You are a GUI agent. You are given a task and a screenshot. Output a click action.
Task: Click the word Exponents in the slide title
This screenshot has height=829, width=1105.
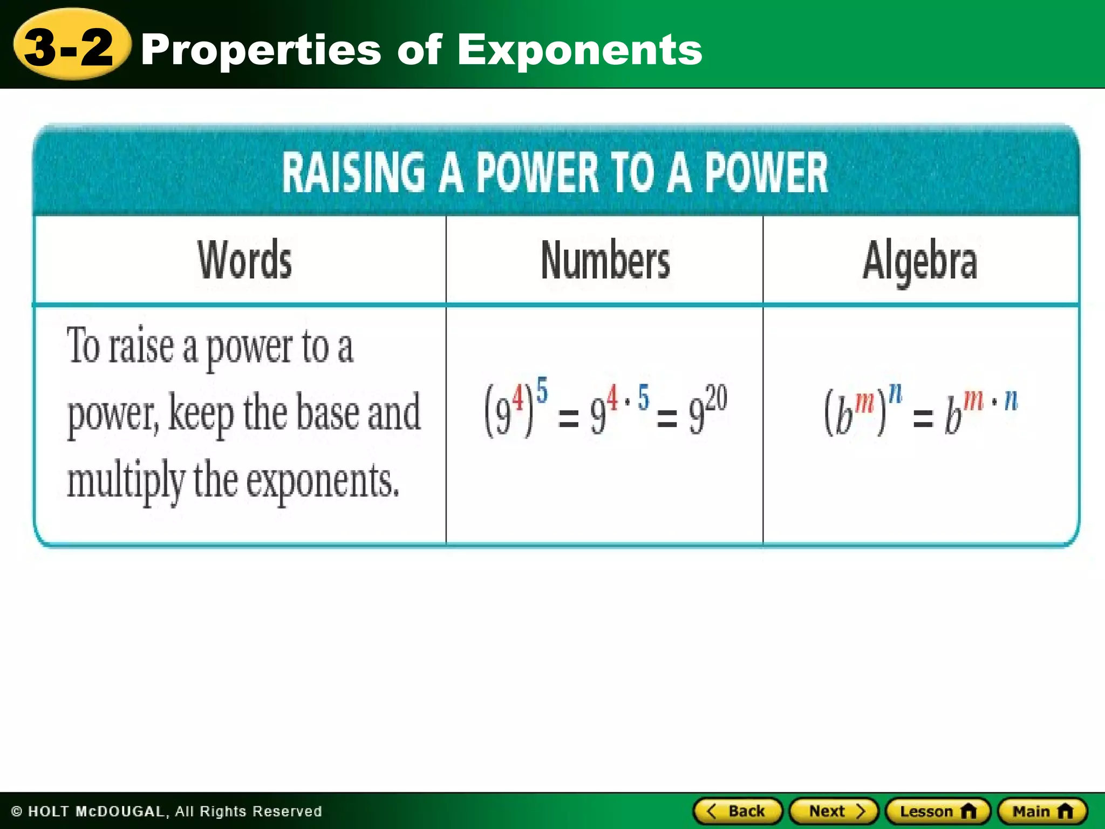click(579, 50)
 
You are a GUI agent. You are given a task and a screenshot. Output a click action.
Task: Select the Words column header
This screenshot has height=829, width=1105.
click(244, 260)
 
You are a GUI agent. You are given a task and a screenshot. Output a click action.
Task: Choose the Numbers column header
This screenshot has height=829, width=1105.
click(605, 260)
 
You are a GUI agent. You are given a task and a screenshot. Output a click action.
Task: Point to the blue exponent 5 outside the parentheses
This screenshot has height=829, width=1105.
click(542, 390)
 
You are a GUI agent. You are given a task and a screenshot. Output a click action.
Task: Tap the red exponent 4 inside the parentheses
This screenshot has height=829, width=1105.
click(517, 399)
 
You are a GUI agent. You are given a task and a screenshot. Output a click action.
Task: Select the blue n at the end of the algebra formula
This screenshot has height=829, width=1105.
click(1011, 400)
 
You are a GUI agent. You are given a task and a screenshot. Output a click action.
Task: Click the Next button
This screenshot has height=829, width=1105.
click(834, 811)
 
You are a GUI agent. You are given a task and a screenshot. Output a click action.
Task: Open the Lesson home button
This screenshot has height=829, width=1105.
click(938, 811)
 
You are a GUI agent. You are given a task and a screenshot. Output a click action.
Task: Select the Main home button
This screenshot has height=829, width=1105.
click(1042, 811)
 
